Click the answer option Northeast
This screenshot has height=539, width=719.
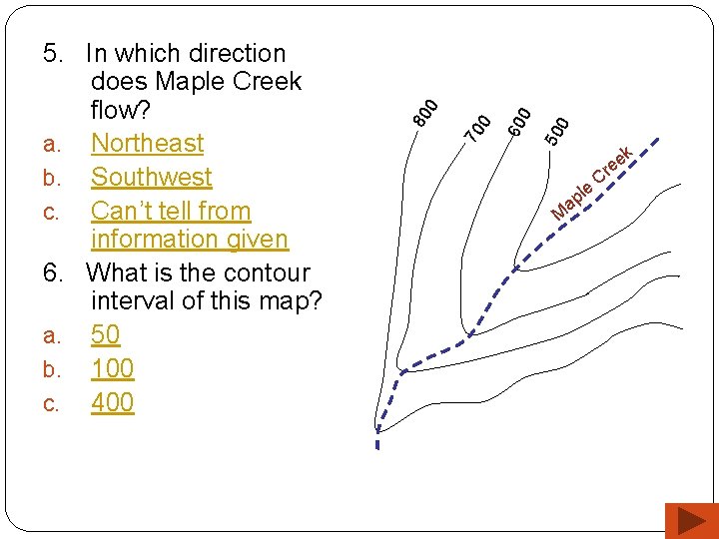pos(147,144)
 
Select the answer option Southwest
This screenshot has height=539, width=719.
pos(151,178)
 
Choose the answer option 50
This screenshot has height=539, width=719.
pos(105,335)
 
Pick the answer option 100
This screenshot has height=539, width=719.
pos(112,369)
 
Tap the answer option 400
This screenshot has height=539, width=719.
pos(112,403)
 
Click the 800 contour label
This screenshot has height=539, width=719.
pos(426,112)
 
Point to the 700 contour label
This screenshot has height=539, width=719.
pos(478,127)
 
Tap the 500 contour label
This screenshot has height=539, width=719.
pos(557,130)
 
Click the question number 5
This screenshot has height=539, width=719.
pos(51,54)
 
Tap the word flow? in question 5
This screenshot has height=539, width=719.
pos(118,110)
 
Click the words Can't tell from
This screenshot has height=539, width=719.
pos(170,212)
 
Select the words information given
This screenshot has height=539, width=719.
pos(189,240)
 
